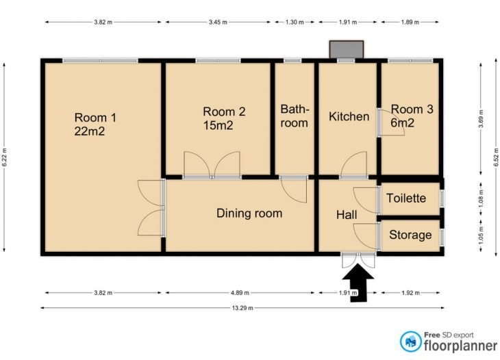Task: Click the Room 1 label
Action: (95, 118)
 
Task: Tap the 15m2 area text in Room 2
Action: (218, 125)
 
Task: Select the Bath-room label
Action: (295, 116)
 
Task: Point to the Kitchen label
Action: (349, 116)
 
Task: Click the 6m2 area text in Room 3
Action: (403, 123)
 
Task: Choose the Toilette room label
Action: (406, 198)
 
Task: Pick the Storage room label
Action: (410, 235)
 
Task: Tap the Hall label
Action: (347, 215)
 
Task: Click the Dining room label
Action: (249, 213)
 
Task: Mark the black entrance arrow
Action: (358, 283)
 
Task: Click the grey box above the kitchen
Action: (347, 49)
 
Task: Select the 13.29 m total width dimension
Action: (242, 308)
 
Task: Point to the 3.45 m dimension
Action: (218, 23)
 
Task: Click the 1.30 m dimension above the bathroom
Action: (295, 23)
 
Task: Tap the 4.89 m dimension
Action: (240, 292)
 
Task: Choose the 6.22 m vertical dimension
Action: (4, 157)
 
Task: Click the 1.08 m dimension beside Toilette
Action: (481, 198)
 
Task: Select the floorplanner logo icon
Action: (411, 342)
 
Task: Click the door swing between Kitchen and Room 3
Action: (391, 123)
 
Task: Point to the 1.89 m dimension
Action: (410, 23)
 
